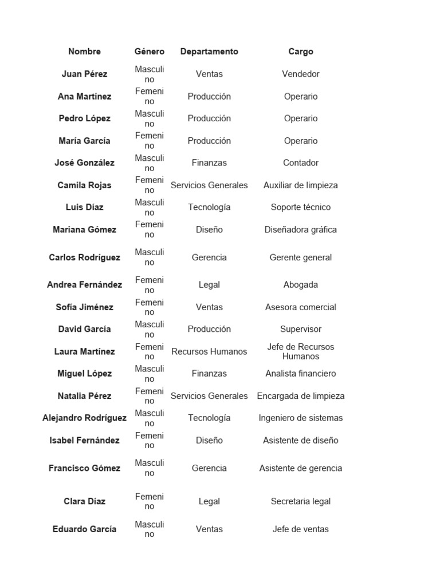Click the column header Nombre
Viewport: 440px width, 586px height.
84,52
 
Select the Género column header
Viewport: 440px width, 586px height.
149,52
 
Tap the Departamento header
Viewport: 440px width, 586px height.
209,52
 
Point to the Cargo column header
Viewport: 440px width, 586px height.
301,52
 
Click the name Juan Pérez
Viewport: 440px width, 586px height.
84,74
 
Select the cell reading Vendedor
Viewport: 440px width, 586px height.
301,74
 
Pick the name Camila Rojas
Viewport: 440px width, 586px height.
84,185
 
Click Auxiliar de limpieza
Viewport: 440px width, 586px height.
301,185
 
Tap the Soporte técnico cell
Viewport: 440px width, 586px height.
301,207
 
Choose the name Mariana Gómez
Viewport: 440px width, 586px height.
84,229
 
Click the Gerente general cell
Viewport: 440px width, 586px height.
301,258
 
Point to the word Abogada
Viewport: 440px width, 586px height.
301,285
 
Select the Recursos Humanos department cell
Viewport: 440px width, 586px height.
209,351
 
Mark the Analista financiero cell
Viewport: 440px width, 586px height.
301,374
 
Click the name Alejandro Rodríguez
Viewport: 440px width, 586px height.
84,418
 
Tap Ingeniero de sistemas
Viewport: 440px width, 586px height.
301,418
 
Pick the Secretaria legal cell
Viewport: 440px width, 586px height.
301,501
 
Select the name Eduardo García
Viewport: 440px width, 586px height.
84,529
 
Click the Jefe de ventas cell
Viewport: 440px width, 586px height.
301,529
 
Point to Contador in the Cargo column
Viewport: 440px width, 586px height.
301,163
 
